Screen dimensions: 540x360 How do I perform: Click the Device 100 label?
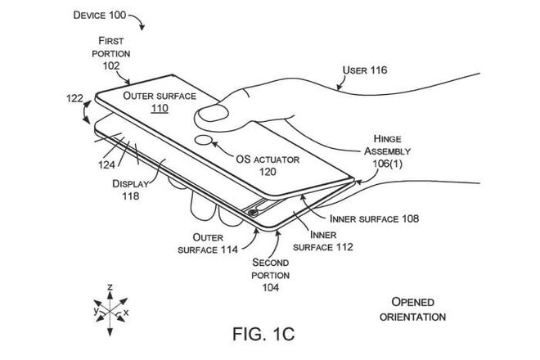[100, 16]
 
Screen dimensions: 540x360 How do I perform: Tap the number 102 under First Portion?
[111, 65]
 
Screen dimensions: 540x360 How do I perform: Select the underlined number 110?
[160, 109]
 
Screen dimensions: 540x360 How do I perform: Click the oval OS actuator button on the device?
[203, 140]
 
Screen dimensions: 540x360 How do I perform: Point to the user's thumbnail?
[214, 113]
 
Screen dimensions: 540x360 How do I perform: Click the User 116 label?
[365, 70]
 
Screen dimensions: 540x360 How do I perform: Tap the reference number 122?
[74, 98]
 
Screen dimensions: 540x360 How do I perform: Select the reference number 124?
[106, 165]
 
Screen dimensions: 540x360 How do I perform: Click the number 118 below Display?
[131, 196]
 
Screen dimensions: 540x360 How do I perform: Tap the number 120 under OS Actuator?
[268, 172]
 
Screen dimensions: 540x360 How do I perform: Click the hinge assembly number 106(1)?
[388, 164]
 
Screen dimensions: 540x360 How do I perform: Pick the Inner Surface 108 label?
[375, 218]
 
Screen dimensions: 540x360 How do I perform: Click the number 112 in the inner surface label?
[344, 247]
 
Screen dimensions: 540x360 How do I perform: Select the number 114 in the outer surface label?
[229, 250]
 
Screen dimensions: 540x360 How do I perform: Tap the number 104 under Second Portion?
[271, 287]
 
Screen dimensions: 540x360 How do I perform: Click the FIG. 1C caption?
[263, 334]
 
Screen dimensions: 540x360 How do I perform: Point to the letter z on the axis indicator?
[110, 286]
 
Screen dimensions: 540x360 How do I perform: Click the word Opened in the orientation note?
[412, 302]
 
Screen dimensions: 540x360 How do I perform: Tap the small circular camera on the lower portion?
[253, 213]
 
